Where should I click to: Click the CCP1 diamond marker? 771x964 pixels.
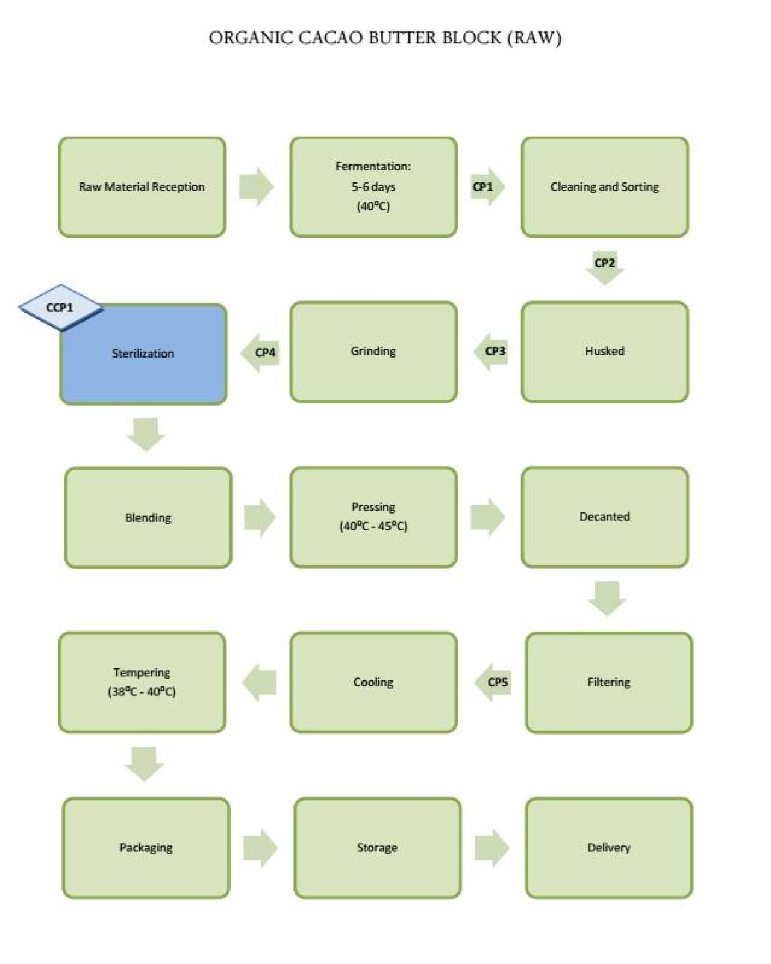click(x=60, y=307)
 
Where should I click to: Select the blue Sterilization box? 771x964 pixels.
click(x=143, y=361)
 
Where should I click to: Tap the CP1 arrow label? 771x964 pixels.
click(x=485, y=187)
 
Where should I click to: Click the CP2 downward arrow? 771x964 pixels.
click(x=605, y=267)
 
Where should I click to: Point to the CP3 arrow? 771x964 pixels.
click(x=493, y=352)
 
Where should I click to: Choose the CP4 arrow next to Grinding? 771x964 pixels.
click(x=261, y=352)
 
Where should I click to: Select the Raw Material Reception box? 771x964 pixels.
click(x=142, y=187)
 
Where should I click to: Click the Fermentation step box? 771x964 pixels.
click(x=373, y=187)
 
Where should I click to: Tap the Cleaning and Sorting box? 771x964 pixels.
click(x=605, y=187)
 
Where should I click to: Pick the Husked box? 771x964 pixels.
click(x=605, y=352)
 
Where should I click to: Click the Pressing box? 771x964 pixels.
click(x=373, y=517)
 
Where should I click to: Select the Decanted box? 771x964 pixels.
click(x=605, y=517)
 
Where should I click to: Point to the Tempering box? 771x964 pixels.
click(x=142, y=682)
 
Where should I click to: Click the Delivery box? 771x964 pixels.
click(x=609, y=848)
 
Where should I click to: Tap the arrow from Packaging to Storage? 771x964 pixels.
click(x=260, y=848)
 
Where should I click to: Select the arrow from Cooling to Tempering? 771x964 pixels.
click(x=259, y=682)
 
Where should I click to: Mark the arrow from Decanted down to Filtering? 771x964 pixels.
click(x=607, y=597)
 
